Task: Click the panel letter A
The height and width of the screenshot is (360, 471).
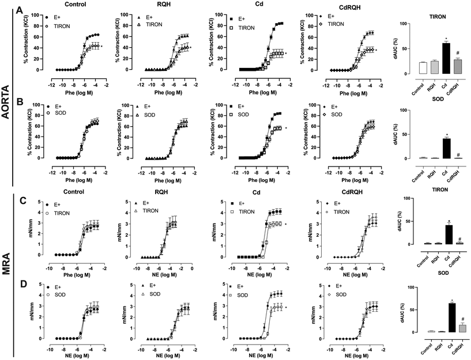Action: (20, 10)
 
